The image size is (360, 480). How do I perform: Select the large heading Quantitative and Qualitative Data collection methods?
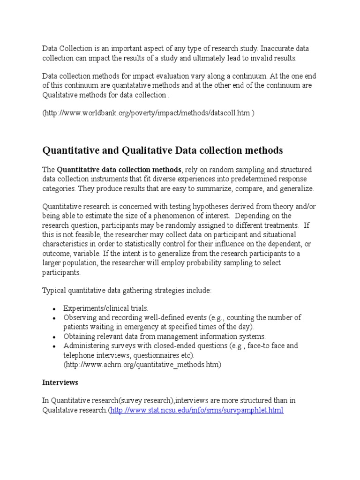(163, 150)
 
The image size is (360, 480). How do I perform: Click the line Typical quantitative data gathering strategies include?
(127, 291)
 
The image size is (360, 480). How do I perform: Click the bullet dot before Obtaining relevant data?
(55, 337)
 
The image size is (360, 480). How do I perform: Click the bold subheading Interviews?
(60, 382)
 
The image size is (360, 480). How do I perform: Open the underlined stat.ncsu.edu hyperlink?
(196, 410)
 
